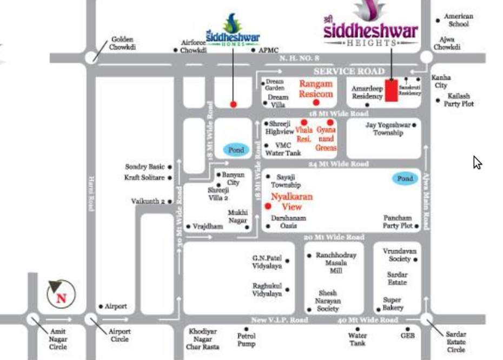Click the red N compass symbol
click(x=61, y=296)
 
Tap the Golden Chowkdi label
click(x=122, y=43)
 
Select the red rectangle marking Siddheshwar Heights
click(x=391, y=90)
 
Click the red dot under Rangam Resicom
click(x=316, y=102)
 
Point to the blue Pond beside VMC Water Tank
click(x=236, y=150)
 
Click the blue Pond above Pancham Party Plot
click(x=405, y=179)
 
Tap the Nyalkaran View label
click(x=292, y=202)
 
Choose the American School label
click(x=458, y=20)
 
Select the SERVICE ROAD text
click(x=349, y=71)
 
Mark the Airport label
click(x=116, y=306)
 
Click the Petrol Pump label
click(x=246, y=339)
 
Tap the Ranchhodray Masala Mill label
click(x=336, y=263)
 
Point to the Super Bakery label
click(x=393, y=304)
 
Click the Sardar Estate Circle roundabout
click(x=426, y=320)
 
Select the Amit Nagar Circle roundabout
click(x=33, y=320)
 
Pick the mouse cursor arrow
click(x=477, y=162)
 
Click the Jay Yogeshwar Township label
click(x=388, y=129)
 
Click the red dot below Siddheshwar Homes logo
click(x=233, y=104)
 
